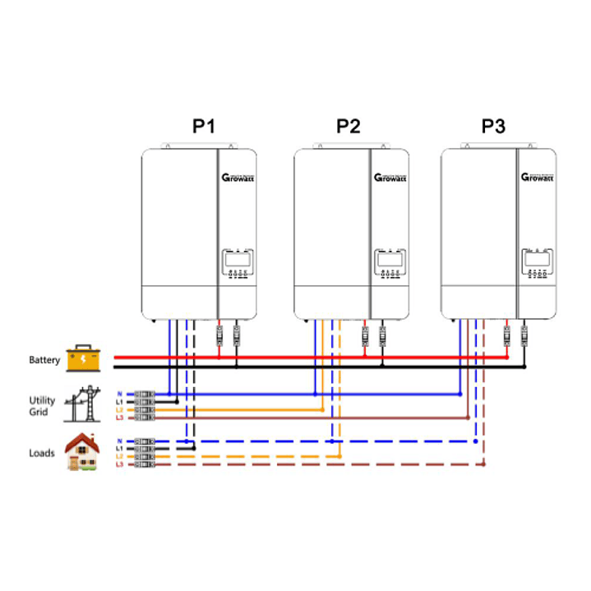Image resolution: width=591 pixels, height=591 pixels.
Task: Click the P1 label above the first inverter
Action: (x=203, y=127)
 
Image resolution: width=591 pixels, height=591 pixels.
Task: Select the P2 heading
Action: (x=349, y=127)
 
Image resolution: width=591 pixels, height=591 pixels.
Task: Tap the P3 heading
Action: (x=494, y=127)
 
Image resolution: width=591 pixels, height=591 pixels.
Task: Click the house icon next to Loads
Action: (x=83, y=452)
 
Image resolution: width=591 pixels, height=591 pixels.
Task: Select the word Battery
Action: (x=44, y=360)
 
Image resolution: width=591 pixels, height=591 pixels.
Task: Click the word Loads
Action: (x=42, y=453)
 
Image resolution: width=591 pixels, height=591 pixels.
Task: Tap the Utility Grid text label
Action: (x=42, y=405)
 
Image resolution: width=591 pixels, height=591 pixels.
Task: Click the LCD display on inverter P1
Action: (x=237, y=260)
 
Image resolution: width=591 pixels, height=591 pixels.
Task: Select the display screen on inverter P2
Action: (x=390, y=260)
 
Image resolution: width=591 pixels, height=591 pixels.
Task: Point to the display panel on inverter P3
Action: (x=537, y=260)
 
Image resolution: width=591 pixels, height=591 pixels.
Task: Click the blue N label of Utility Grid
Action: (x=119, y=394)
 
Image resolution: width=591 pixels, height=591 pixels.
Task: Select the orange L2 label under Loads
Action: (x=119, y=456)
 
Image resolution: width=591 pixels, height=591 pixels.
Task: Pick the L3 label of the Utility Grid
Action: (x=119, y=418)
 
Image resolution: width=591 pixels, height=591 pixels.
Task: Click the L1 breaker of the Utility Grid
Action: (x=145, y=402)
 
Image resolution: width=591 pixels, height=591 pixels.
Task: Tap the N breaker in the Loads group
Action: (x=145, y=441)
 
